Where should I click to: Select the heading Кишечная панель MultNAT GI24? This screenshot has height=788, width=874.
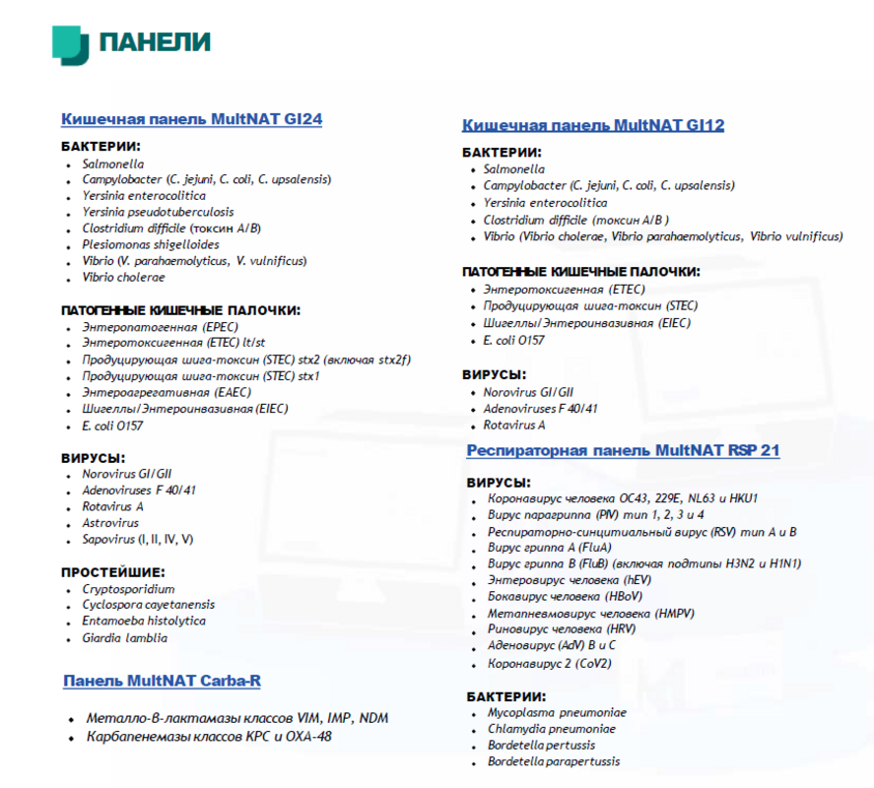191,119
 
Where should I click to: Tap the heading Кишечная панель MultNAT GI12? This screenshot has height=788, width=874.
593,125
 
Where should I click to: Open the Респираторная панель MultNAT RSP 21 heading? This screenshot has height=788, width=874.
623,451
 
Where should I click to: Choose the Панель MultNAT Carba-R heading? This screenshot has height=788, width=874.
162,681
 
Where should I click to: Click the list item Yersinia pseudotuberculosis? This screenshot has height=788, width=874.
158,212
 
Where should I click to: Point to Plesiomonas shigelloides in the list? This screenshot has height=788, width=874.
151,244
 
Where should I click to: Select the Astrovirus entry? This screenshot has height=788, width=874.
110,523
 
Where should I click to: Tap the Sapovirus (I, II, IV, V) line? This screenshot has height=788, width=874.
137,539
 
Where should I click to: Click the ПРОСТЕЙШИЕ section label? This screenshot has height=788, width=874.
113,572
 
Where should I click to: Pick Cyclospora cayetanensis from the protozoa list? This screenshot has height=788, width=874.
148,605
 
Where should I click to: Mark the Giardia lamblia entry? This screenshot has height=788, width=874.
124,637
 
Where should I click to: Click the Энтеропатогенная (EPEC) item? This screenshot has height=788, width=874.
160,326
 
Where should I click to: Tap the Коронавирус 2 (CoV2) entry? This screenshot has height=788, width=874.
549,664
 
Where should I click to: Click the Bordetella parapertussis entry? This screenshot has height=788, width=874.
554,761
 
